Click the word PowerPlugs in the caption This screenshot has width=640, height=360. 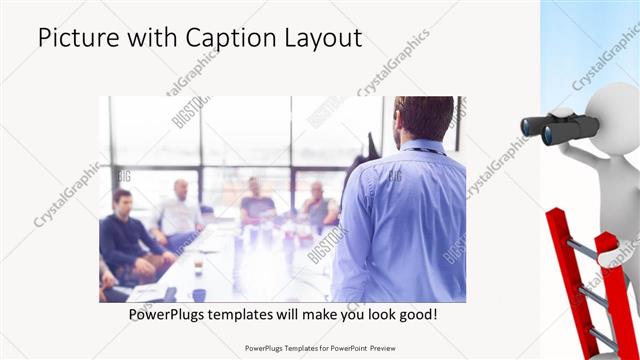pyautogui.click(x=171, y=315)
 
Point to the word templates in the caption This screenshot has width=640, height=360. pyautogui.click(x=254, y=315)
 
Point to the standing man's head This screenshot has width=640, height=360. pyautogui.click(x=424, y=118)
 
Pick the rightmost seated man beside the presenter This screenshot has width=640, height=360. pyautogui.click(x=318, y=205)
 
